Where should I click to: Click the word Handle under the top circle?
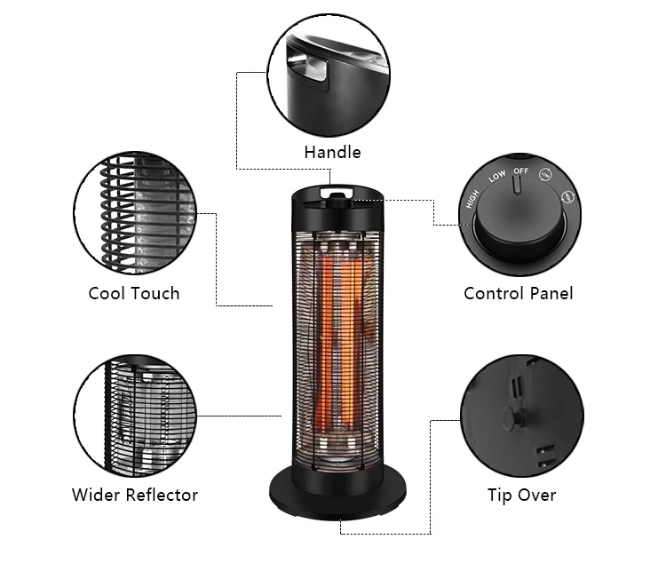[332, 152]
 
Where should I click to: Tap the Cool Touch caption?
[134, 293]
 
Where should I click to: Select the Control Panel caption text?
[518, 293]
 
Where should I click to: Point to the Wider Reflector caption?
[135, 495]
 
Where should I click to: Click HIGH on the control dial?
[472, 200]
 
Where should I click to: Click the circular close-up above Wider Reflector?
[135, 415]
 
